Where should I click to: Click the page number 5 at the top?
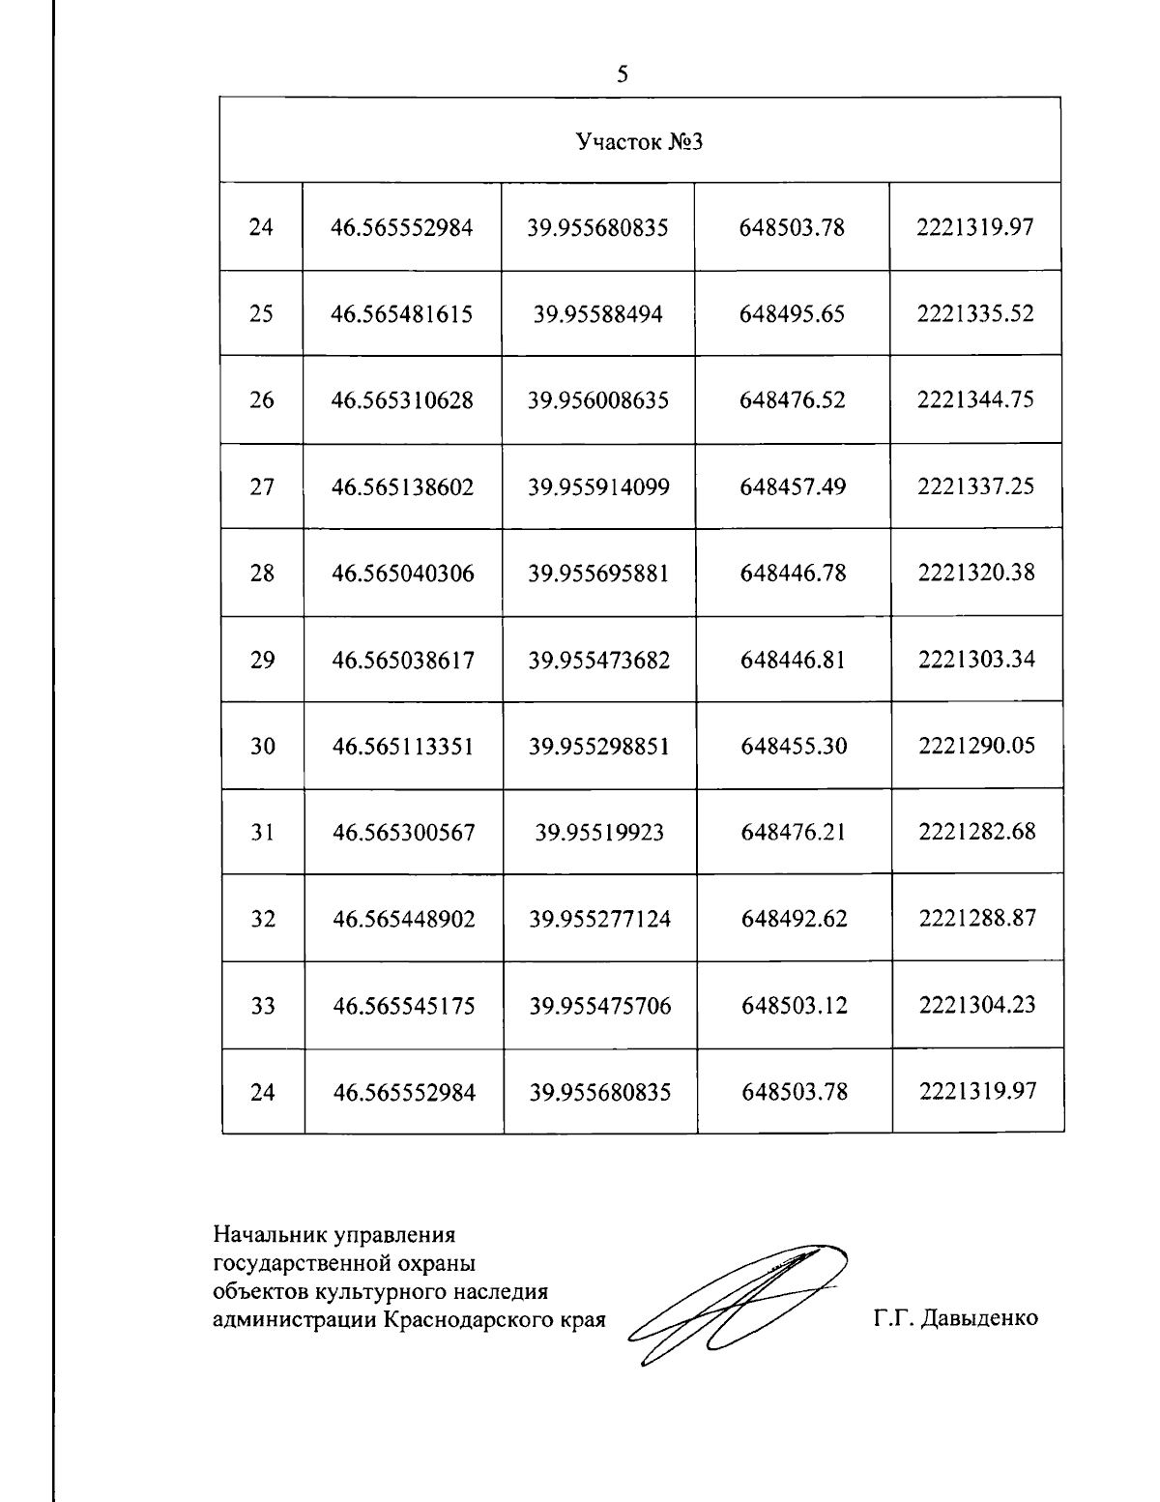pyautogui.click(x=623, y=74)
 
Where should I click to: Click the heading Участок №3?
pyautogui.click(x=638, y=142)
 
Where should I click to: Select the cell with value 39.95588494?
pyautogui.click(x=597, y=314)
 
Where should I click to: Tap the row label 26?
pyautogui.click(x=261, y=400)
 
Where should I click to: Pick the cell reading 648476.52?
pyautogui.click(x=792, y=400)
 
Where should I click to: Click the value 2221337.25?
pyautogui.click(x=975, y=486)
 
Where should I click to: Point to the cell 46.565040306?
pyautogui.click(x=403, y=574)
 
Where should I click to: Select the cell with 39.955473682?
pyautogui.click(x=598, y=661)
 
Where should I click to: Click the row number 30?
pyautogui.click(x=262, y=747)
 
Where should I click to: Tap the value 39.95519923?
pyautogui.click(x=599, y=833)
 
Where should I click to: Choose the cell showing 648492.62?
pyautogui.click(x=794, y=919)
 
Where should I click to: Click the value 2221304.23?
pyautogui.click(x=977, y=1005)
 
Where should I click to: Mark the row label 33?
pyautogui.click(x=263, y=1006)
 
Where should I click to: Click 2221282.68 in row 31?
pyautogui.click(x=977, y=832)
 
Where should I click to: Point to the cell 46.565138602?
pyautogui.click(x=403, y=487)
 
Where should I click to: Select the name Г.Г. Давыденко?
pyautogui.click(x=955, y=1318)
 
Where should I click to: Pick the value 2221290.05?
pyautogui.click(x=976, y=746)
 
